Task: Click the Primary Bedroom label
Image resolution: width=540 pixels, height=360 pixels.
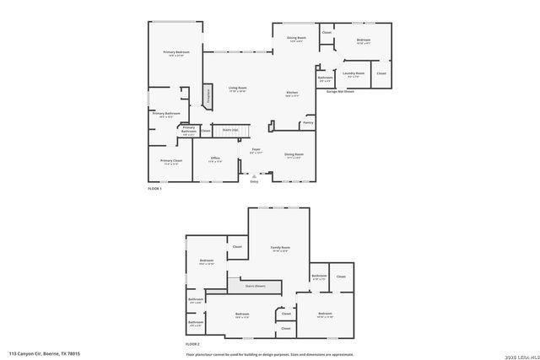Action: [176, 53]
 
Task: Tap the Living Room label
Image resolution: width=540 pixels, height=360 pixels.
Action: [237, 89]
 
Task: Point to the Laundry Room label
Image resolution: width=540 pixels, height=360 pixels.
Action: [354, 74]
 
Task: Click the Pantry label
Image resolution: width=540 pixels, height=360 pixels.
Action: [307, 122]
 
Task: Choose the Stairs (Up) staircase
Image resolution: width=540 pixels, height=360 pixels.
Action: [230, 130]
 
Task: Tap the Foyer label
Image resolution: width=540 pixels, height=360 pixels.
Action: [256, 152]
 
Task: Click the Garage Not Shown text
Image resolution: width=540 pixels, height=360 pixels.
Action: [342, 91]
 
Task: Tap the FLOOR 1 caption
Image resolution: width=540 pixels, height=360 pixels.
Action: [154, 189]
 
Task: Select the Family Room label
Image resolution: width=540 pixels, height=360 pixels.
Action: [279, 249]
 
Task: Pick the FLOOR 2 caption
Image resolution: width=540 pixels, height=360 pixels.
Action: [193, 344]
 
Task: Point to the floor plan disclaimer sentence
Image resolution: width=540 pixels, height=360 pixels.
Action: [270, 354]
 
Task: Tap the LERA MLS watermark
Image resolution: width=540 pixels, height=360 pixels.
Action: [521, 356]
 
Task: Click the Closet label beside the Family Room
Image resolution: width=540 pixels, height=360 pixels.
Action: [237, 246]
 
